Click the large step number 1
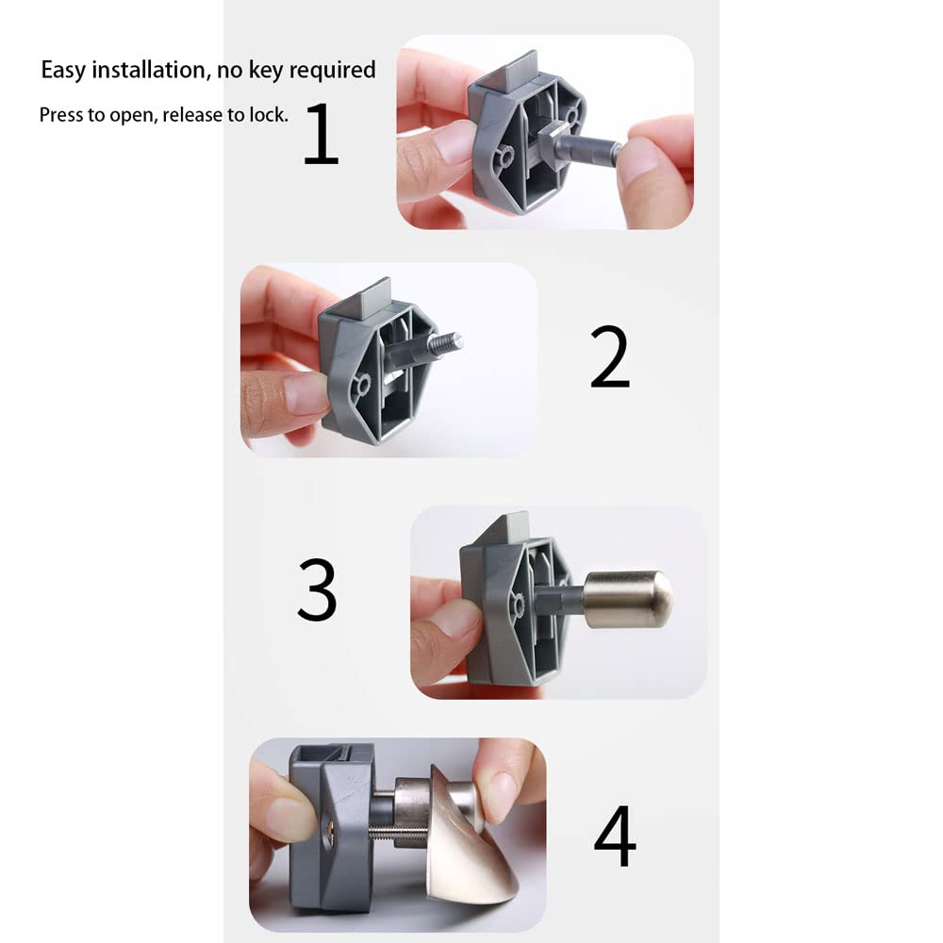pos(321,134)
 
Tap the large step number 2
pos(609,359)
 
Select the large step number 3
pos(317,589)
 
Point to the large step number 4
pos(614,835)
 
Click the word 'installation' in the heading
pos(146,70)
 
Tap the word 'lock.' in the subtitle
pos(269,115)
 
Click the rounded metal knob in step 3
pos(629,599)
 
